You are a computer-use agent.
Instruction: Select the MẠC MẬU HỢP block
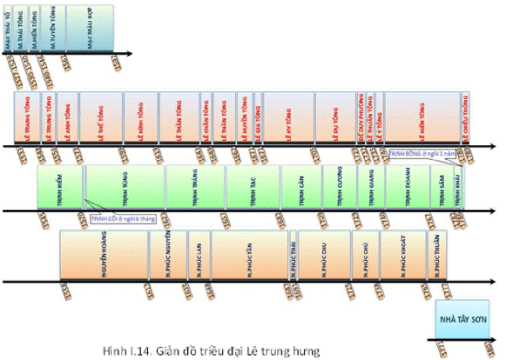[x=90, y=28]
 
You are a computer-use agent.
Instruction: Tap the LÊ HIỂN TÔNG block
[x=422, y=117]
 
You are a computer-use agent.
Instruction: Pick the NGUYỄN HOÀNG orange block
[x=104, y=254]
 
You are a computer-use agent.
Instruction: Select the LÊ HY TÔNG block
[x=288, y=117]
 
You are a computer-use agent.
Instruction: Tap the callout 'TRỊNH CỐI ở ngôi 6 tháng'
[x=122, y=219]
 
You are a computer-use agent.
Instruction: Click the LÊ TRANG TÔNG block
[x=26, y=117]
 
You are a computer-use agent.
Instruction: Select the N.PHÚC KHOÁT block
[x=403, y=254]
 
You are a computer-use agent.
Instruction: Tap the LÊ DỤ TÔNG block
[x=335, y=117]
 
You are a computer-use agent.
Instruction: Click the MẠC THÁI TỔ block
[x=8, y=28]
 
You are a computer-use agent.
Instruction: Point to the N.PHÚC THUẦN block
[x=437, y=254]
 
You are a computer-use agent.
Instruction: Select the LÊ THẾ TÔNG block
[x=101, y=117]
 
